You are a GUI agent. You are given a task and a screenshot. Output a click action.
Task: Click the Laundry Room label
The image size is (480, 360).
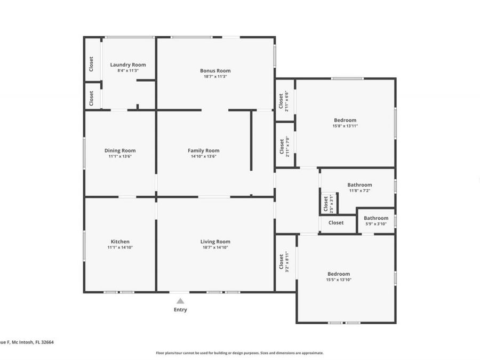(128, 65)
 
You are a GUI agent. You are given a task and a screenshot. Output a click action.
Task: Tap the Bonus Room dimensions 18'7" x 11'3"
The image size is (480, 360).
(215, 76)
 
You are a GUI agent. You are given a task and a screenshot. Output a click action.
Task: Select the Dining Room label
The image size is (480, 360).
(120, 150)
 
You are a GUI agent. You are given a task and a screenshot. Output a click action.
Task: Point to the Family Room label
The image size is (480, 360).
(203, 150)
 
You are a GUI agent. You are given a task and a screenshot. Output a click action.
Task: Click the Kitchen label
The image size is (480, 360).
(120, 242)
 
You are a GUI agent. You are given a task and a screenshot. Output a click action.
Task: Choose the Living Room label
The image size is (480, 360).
(215, 242)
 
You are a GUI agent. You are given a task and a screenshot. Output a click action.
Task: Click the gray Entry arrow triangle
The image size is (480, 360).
(180, 301)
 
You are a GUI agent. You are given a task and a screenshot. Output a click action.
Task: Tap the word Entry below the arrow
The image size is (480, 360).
(180, 310)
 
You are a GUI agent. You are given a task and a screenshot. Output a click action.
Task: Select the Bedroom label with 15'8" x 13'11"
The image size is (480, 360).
(345, 120)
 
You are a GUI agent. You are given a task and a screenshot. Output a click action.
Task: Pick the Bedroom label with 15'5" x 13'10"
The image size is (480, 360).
(339, 274)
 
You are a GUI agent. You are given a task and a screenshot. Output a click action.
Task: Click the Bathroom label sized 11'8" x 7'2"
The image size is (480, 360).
(360, 185)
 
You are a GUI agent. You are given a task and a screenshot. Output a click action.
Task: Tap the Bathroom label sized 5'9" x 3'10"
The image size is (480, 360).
(376, 218)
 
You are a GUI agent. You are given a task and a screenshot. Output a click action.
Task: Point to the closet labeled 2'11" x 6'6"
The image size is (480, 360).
(284, 101)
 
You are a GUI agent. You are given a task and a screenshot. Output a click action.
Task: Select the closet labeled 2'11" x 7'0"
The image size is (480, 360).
(284, 147)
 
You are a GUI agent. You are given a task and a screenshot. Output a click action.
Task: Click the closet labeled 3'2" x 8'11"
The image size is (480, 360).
(284, 262)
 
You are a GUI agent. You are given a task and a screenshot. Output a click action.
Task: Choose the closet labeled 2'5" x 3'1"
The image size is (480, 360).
(327, 204)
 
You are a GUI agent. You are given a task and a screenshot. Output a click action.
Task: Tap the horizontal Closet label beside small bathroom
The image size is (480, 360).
(336, 223)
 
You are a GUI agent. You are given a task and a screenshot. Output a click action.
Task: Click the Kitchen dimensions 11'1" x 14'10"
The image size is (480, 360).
(120, 247)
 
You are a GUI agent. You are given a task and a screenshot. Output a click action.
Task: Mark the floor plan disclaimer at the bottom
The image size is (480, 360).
(239, 353)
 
